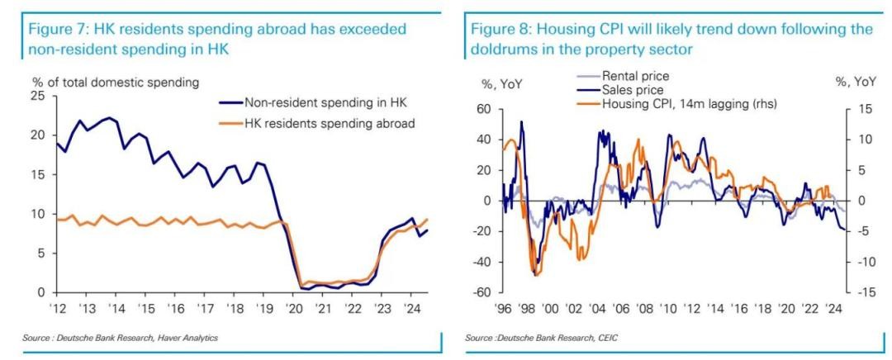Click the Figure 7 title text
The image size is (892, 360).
tap(218, 39)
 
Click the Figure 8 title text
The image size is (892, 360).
tap(671, 39)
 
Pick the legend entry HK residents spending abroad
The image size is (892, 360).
tap(330, 123)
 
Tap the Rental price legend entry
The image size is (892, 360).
tap(635, 77)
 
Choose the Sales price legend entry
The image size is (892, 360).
tap(633, 89)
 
